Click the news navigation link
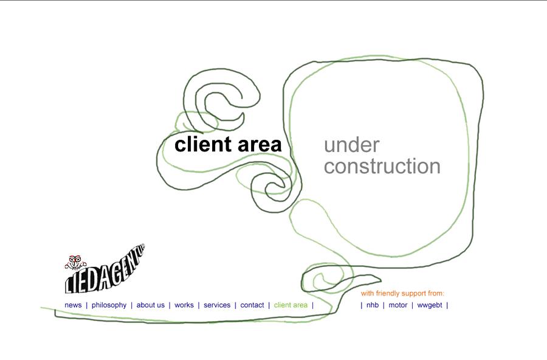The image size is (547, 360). [73, 305]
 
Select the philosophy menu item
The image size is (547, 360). [109, 305]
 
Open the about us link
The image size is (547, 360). [150, 305]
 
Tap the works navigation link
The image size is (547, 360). [184, 305]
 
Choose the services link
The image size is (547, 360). [217, 305]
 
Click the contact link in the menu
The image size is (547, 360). [252, 305]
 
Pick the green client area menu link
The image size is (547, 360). [291, 305]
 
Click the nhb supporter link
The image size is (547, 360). [373, 305]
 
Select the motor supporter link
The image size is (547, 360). [397, 305]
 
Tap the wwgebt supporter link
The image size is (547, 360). [430, 305]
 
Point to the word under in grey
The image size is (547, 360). [351, 146]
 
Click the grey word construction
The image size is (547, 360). [382, 167]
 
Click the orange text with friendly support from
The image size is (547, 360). [402, 293]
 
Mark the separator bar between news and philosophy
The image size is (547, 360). [86, 305]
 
